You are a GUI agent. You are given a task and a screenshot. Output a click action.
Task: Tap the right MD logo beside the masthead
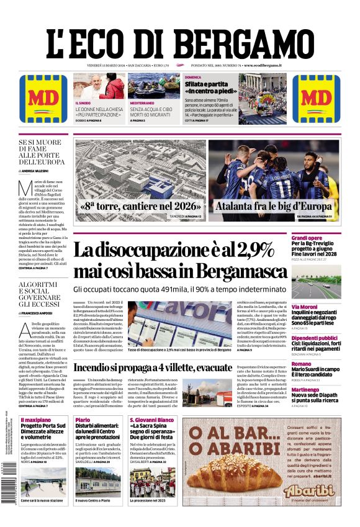[316, 97]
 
